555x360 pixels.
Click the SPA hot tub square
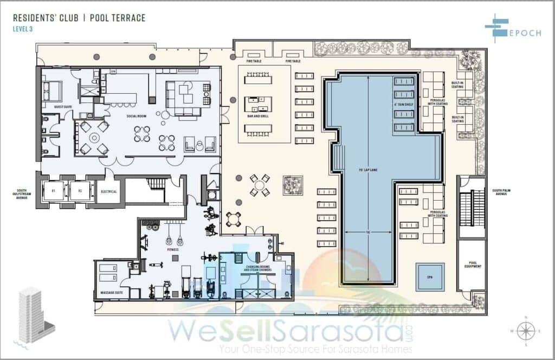[430, 277]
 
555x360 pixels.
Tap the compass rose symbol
[526, 331]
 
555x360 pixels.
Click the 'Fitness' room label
[173, 250]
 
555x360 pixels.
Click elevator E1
[54, 191]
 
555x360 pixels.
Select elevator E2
[79, 191]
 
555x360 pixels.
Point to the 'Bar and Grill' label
[257, 116]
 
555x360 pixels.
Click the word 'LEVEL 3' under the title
[23, 29]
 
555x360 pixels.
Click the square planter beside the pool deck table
[292, 185]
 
